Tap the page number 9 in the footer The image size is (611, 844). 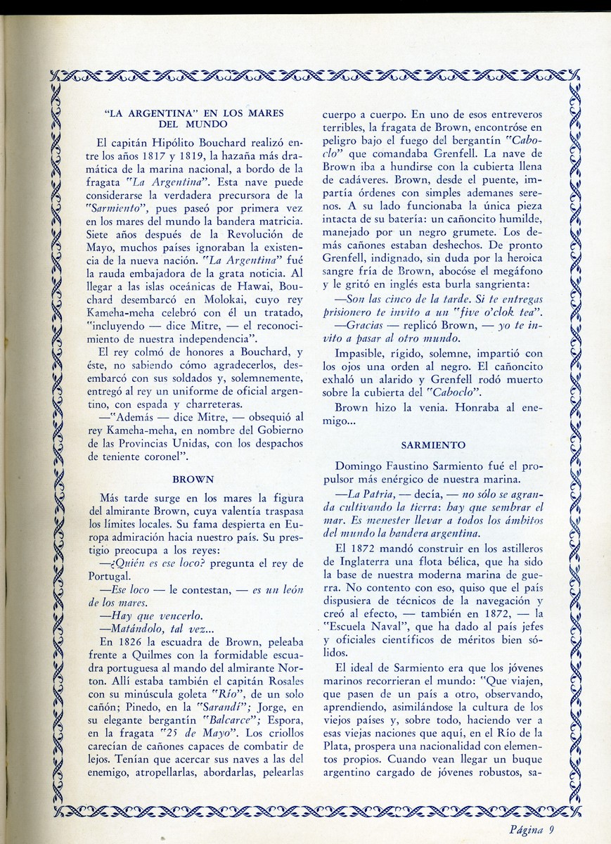(x=553, y=828)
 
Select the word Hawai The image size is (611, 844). (x=236, y=288)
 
